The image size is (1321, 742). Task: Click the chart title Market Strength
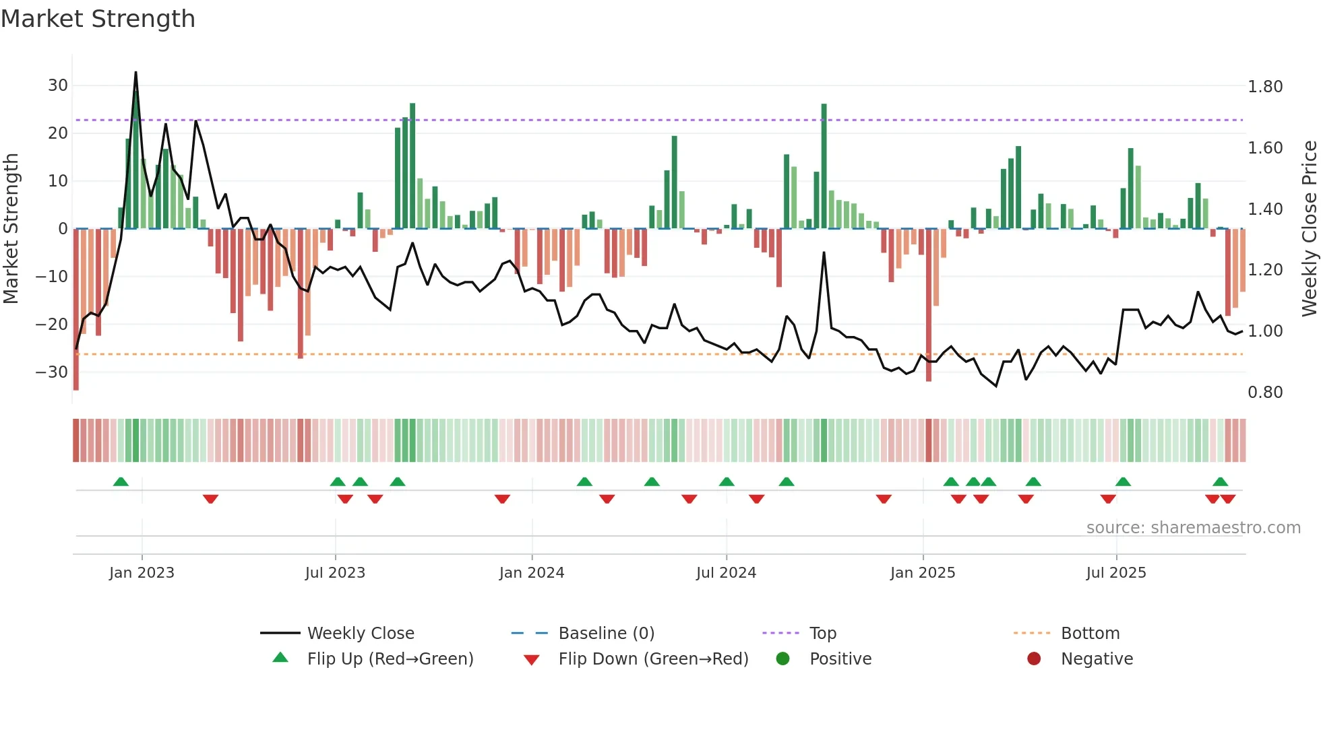[98, 19]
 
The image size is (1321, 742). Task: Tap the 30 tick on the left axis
[58, 86]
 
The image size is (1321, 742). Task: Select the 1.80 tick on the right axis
[1265, 87]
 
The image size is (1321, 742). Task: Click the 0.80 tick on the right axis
[1265, 393]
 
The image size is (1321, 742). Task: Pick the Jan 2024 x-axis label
[532, 573]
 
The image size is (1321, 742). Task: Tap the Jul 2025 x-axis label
[1116, 573]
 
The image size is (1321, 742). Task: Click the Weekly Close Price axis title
[1309, 228]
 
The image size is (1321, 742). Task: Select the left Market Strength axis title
[11, 228]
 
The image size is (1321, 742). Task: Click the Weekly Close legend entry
[361, 634]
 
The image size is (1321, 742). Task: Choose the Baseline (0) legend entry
[606, 634]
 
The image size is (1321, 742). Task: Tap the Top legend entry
[823, 634]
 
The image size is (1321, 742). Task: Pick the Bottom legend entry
[1090, 634]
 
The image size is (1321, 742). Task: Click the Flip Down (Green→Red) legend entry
[652, 659]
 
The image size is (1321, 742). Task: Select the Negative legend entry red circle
[1034, 659]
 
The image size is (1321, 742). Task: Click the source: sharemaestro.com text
[1193, 528]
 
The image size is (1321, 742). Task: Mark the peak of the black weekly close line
[135, 73]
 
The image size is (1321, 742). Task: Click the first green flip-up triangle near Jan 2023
[121, 481]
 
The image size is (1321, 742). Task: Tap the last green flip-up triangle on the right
[1220, 481]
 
